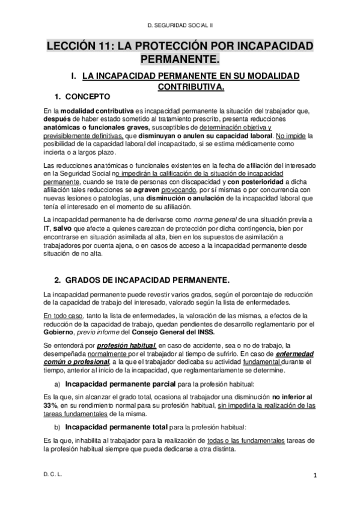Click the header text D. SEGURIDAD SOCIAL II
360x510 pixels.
(x=184, y=25)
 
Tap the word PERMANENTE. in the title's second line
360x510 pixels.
(x=180, y=60)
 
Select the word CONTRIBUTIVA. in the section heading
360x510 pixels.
(x=191, y=87)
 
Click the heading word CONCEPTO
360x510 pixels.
(x=88, y=96)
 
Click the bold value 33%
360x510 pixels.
(x=52, y=405)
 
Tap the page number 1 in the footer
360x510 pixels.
(x=314, y=491)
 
